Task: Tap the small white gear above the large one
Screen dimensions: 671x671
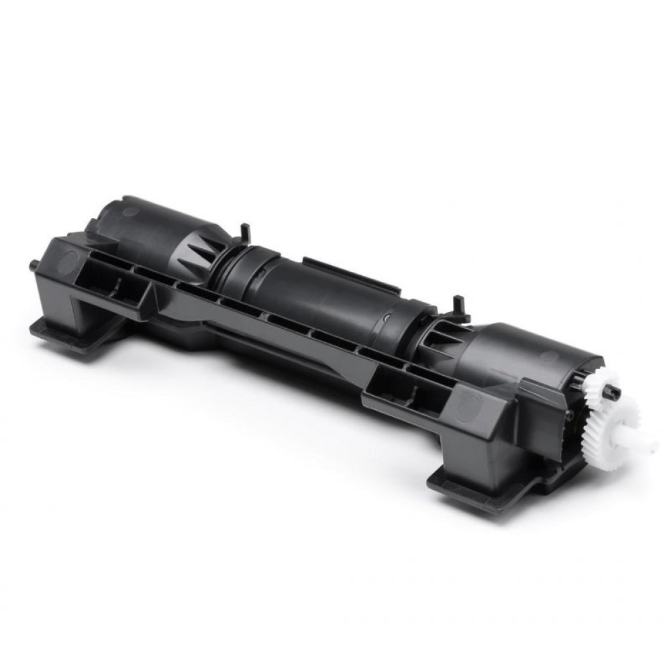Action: (x=599, y=389)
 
